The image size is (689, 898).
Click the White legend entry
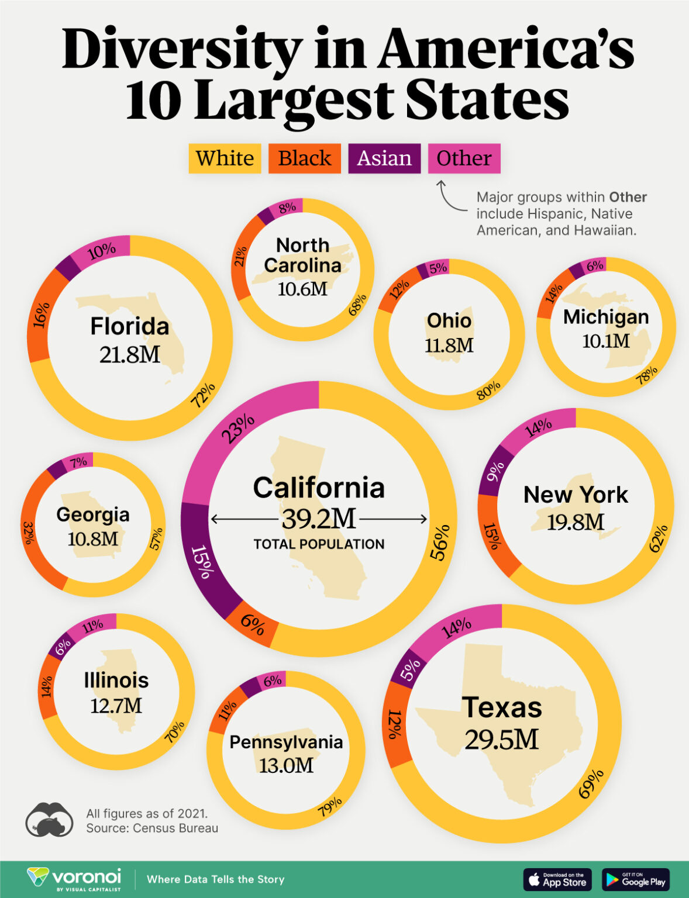tap(225, 158)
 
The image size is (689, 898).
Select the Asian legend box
tap(384, 158)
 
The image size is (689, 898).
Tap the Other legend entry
tap(464, 158)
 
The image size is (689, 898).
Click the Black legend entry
tap(304, 158)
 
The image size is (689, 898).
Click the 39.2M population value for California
tap(319, 519)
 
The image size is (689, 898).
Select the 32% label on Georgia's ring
tap(28, 532)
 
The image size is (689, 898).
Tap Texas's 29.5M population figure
tap(501, 740)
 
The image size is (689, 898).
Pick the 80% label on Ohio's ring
tap(488, 390)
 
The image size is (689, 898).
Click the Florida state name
tap(129, 326)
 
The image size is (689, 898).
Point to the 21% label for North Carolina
tap(240, 256)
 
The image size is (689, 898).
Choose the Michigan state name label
tap(606, 317)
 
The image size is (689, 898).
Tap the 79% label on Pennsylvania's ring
tap(330, 807)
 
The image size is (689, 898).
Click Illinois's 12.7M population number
tap(116, 706)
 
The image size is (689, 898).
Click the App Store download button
tap(557, 879)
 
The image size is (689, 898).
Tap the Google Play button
tap(636, 879)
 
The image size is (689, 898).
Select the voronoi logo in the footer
tap(74, 879)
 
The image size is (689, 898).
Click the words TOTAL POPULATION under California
tap(319, 544)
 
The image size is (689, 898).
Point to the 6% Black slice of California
tap(253, 626)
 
